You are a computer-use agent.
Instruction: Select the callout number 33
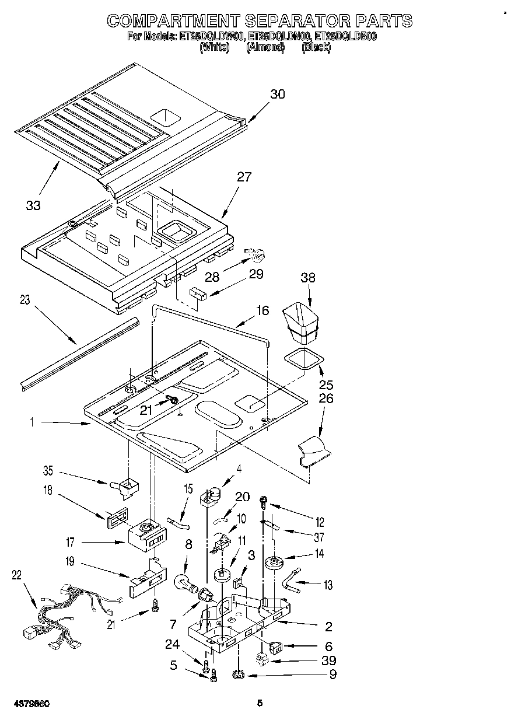pyautogui.click(x=33, y=205)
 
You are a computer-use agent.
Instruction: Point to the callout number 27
pyautogui.click(x=244, y=177)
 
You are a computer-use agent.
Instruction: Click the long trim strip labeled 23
pyautogui.click(x=79, y=352)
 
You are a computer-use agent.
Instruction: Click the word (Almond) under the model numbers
pyautogui.click(x=265, y=48)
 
